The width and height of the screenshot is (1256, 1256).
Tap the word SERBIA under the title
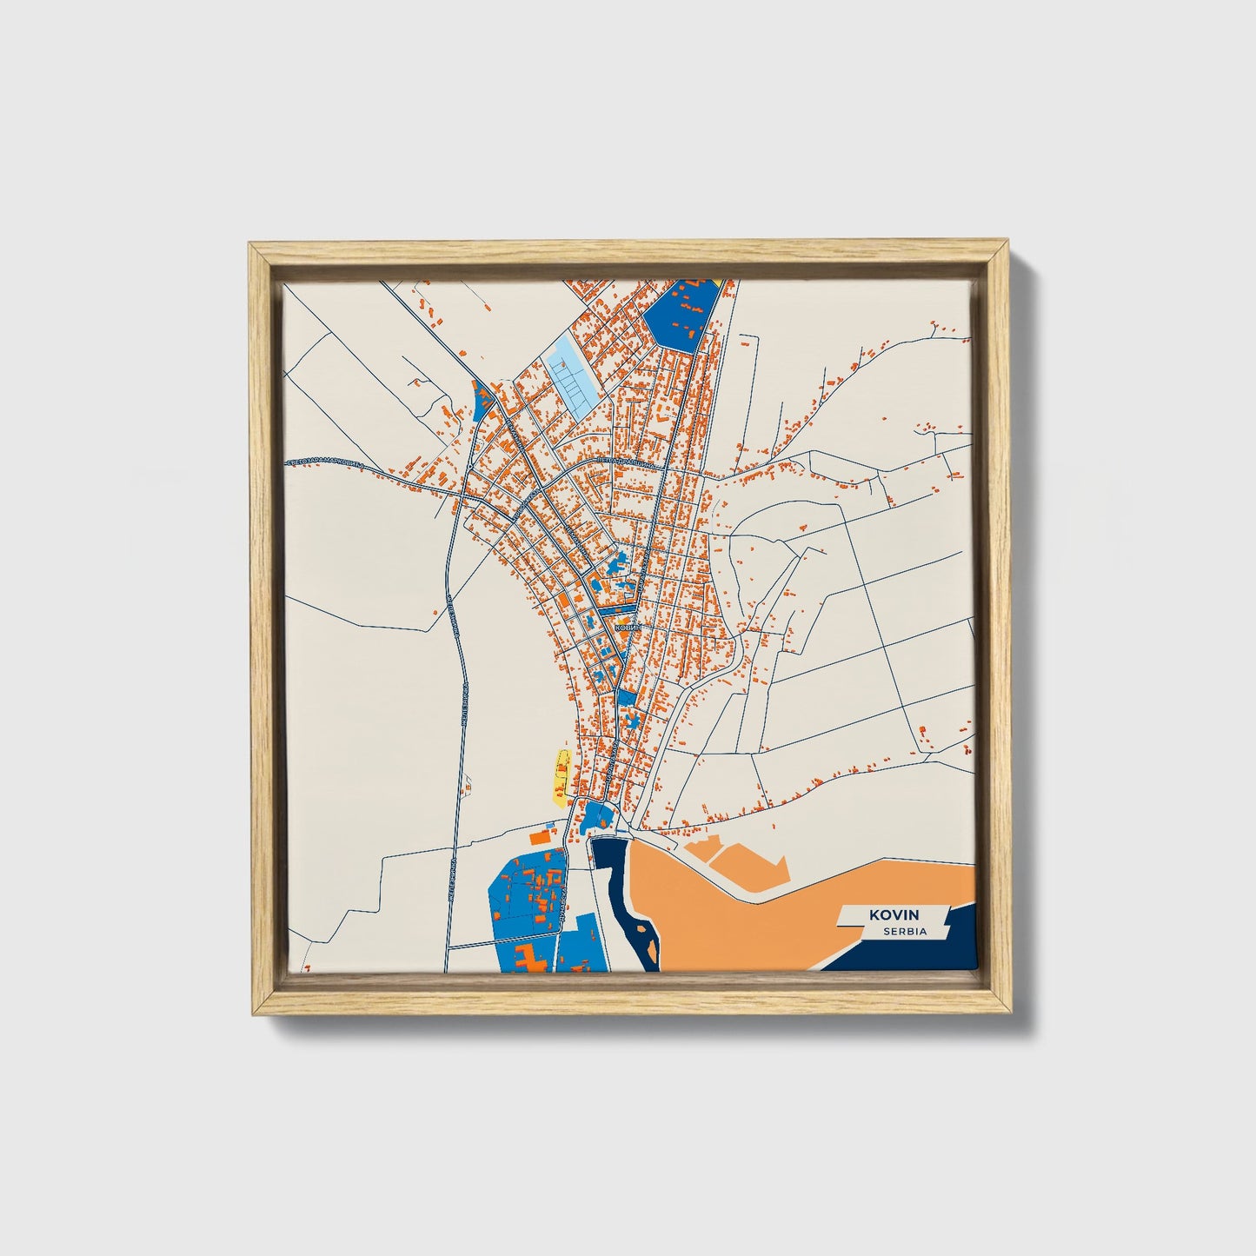904,931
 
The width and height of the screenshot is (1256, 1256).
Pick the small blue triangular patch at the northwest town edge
482,401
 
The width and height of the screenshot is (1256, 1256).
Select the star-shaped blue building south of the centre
634,721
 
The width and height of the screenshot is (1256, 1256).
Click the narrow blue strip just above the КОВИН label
612,611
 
